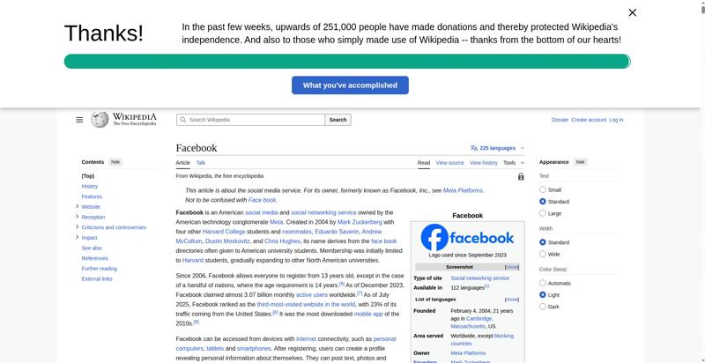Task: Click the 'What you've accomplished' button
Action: [350, 85]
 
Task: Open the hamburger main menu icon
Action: [79, 120]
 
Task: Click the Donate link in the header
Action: [560, 120]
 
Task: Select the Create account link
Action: [589, 120]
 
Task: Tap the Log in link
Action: [616, 120]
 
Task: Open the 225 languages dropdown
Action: [497, 148]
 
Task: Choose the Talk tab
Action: [201, 163]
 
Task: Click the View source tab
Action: [449, 163]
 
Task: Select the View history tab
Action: [483, 163]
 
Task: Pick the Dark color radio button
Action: [543, 307]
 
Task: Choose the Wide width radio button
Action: [543, 254]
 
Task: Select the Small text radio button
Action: [543, 189]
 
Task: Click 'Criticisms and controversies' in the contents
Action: [114, 227]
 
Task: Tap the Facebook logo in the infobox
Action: [467, 237]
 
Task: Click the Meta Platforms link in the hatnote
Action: [463, 190]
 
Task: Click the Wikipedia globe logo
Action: [100, 120]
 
